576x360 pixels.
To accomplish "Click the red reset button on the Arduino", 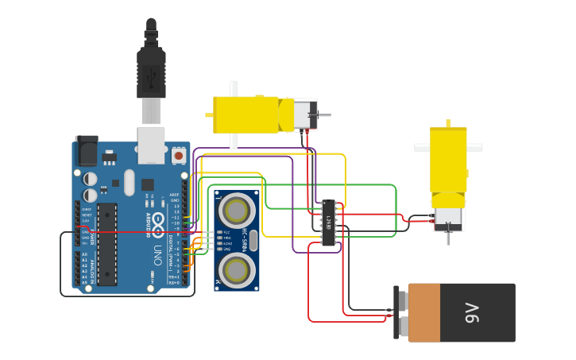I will pyautogui.click(x=179, y=156).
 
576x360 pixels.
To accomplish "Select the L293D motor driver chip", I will pyautogui.click(x=328, y=223).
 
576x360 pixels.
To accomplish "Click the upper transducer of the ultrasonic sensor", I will pyautogui.click(x=236, y=211).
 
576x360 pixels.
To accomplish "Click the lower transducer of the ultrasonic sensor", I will pyautogui.click(x=236, y=270).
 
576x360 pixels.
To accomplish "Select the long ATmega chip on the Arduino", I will pyautogui.click(x=107, y=244).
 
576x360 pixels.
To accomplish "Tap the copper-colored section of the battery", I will pyautogui.click(x=424, y=313).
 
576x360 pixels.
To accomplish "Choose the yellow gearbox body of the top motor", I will pyautogui.click(x=246, y=114).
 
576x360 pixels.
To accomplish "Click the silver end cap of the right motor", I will pyautogui.click(x=448, y=218).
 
